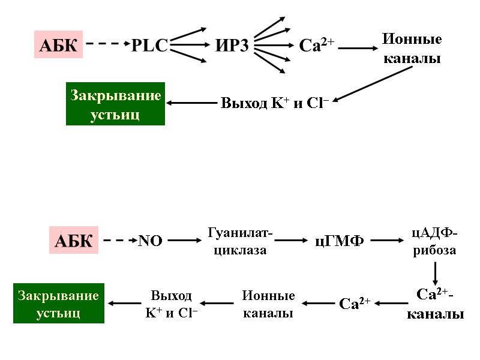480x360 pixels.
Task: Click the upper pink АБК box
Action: pyautogui.click(x=58, y=46)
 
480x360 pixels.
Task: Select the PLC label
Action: pyautogui.click(x=149, y=46)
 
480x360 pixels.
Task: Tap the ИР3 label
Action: pyautogui.click(x=232, y=46)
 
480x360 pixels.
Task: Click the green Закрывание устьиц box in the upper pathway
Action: pyautogui.click(x=115, y=104)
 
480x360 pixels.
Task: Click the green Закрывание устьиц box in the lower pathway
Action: pyautogui.click(x=59, y=303)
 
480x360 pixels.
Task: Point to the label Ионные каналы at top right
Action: pyautogui.click(x=412, y=49)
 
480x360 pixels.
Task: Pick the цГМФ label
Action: pyautogui.click(x=340, y=241)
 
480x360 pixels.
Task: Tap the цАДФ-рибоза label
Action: pyautogui.click(x=435, y=241)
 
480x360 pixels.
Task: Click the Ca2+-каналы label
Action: pyautogui.click(x=435, y=304)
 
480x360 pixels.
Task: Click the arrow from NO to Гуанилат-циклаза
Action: pyautogui.click(x=184, y=241)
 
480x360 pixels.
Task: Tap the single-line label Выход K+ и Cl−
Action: pyautogui.click(x=274, y=103)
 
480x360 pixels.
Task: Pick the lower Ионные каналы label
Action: pyautogui.click(x=268, y=304)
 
